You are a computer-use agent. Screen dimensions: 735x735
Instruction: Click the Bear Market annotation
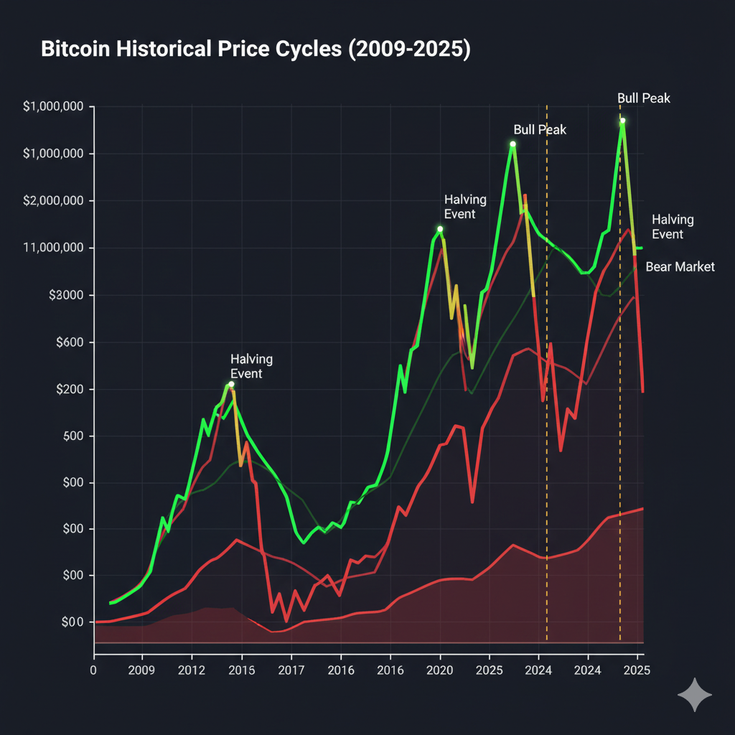tap(680, 267)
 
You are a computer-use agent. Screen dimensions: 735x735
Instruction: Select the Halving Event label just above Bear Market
tap(673, 227)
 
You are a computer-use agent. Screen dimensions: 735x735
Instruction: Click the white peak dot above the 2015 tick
tap(231, 385)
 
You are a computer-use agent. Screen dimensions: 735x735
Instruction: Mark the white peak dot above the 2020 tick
tap(440, 230)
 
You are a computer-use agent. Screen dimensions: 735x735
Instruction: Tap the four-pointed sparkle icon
tap(695, 695)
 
